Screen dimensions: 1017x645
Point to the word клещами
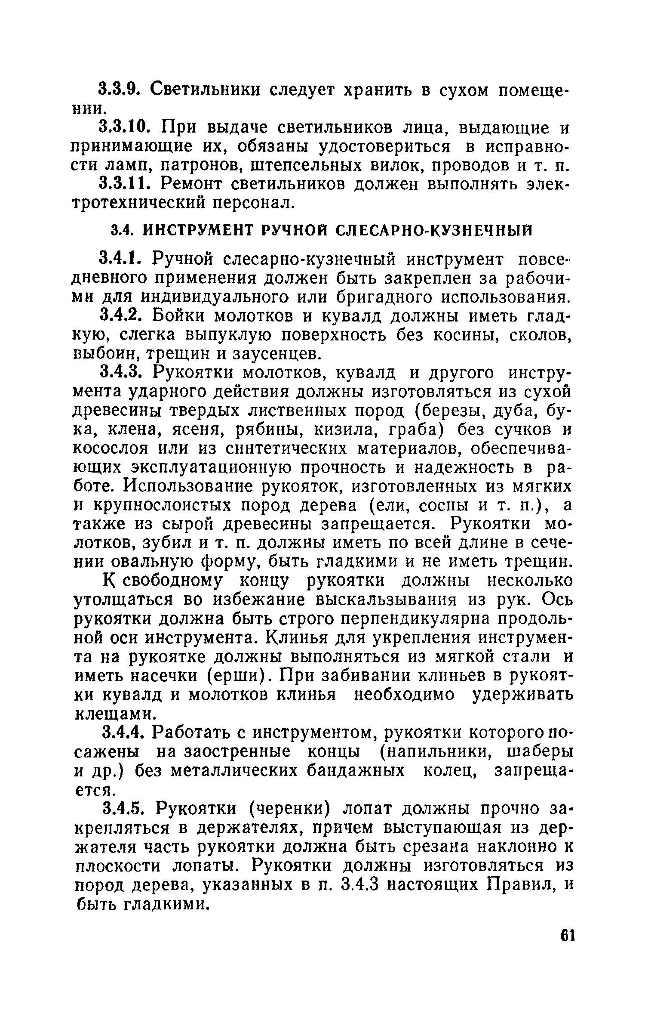(114, 714)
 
